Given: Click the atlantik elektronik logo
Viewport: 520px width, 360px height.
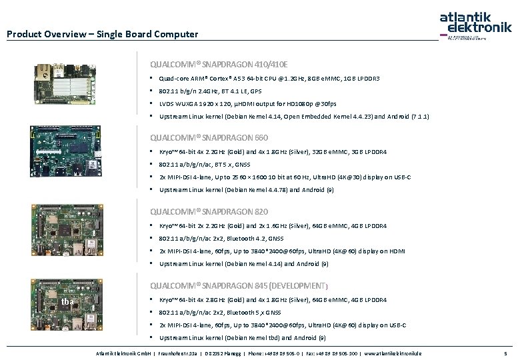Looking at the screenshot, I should pyautogui.click(x=475, y=24).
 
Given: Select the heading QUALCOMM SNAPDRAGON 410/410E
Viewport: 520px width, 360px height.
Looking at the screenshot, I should pyautogui.click(x=219, y=65).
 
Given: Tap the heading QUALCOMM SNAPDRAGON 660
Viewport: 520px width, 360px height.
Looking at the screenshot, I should pyautogui.click(x=209, y=138).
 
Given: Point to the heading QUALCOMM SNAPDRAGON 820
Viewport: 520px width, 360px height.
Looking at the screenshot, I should pyautogui.click(x=209, y=211).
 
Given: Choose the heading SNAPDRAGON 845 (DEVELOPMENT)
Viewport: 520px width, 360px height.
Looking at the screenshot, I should pyautogui.click(x=239, y=285).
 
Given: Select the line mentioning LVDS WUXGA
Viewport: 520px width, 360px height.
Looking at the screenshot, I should pyautogui.click(x=247, y=104).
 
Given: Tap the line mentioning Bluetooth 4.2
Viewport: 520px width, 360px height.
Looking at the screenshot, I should pyautogui.click(x=221, y=238).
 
